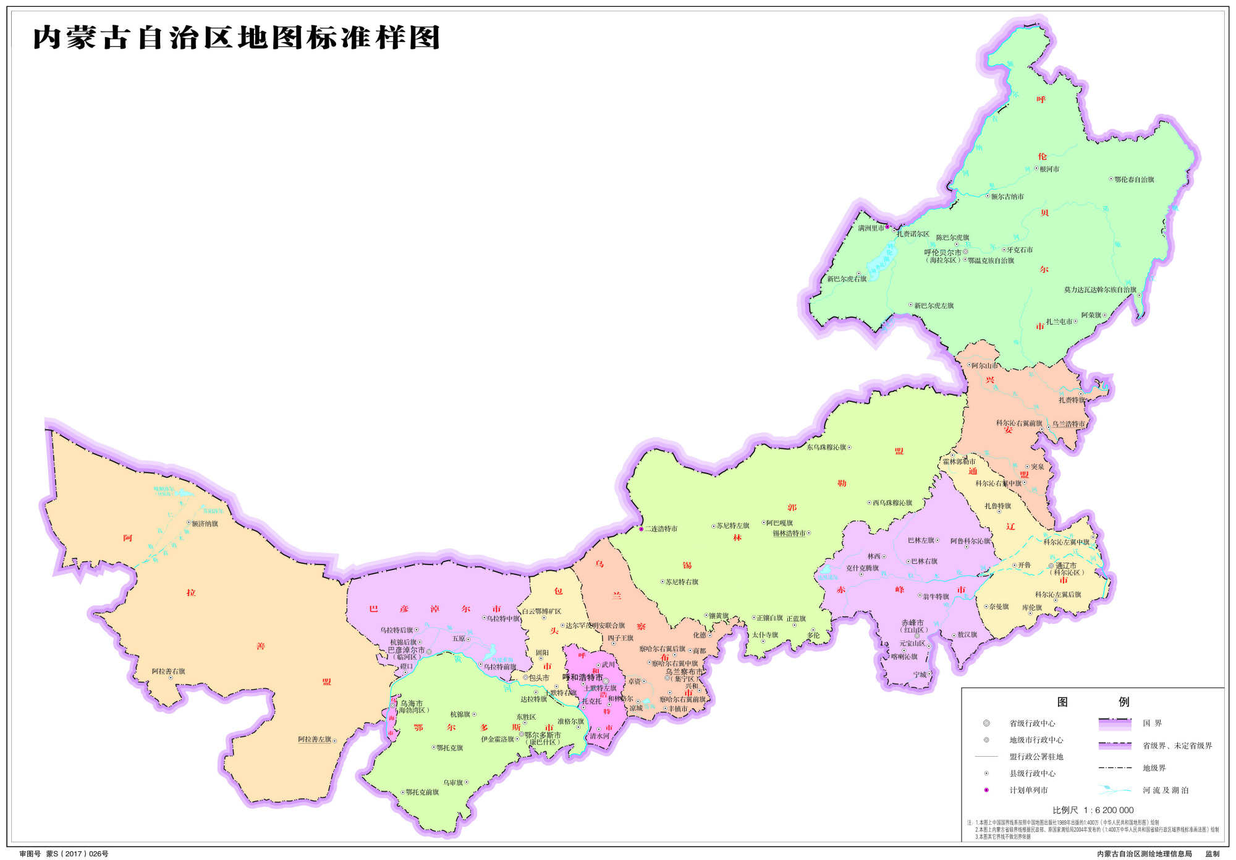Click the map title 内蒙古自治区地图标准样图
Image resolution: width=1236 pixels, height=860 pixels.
click(x=236, y=38)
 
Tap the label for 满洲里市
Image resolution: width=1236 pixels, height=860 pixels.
click(x=871, y=228)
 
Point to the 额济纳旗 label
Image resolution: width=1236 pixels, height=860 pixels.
click(x=205, y=524)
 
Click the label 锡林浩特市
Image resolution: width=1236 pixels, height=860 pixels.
click(x=789, y=533)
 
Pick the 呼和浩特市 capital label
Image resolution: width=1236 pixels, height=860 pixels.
click(x=582, y=677)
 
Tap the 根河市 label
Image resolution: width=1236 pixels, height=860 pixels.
click(x=1049, y=169)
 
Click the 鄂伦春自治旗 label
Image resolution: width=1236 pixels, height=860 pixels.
click(x=1134, y=179)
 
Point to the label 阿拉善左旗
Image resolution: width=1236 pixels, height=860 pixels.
click(x=315, y=739)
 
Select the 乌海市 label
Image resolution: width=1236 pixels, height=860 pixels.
click(x=412, y=703)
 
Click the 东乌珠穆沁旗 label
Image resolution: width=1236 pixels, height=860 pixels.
click(x=826, y=447)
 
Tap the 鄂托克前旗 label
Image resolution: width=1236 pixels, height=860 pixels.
click(x=422, y=792)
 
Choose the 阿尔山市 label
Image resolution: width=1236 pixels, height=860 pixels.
click(x=984, y=365)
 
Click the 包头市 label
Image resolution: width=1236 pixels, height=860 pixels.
click(x=539, y=678)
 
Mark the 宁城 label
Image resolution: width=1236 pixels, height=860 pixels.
click(x=920, y=675)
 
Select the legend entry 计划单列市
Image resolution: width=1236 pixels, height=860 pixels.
click(x=1028, y=790)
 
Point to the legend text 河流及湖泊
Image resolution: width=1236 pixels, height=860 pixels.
click(x=1166, y=790)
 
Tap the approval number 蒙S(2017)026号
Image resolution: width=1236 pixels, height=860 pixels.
click(x=77, y=854)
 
